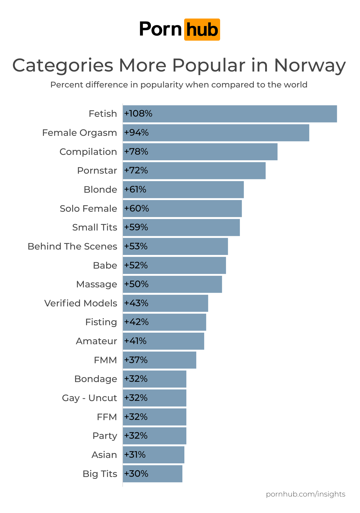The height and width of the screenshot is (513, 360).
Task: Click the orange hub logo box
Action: point(202,30)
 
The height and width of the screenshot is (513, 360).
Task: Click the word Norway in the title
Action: point(310,65)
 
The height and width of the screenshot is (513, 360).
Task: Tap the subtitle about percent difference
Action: point(179,85)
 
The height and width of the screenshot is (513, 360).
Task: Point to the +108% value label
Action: point(138,113)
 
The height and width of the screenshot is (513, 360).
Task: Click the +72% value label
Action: point(136,170)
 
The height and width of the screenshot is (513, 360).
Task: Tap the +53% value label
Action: point(136,246)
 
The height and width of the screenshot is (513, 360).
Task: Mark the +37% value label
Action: point(136,360)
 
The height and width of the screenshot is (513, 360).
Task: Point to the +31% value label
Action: point(135,455)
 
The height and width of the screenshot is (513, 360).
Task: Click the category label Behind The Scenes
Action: point(72,246)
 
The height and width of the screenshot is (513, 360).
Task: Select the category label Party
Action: point(105,436)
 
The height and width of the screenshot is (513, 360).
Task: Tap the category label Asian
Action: point(104,455)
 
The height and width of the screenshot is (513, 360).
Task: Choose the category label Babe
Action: point(105,265)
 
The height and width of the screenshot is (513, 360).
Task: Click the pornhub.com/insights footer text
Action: point(305,494)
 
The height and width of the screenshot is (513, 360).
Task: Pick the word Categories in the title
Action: point(63,65)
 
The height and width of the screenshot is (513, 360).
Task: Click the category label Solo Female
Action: point(88,208)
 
